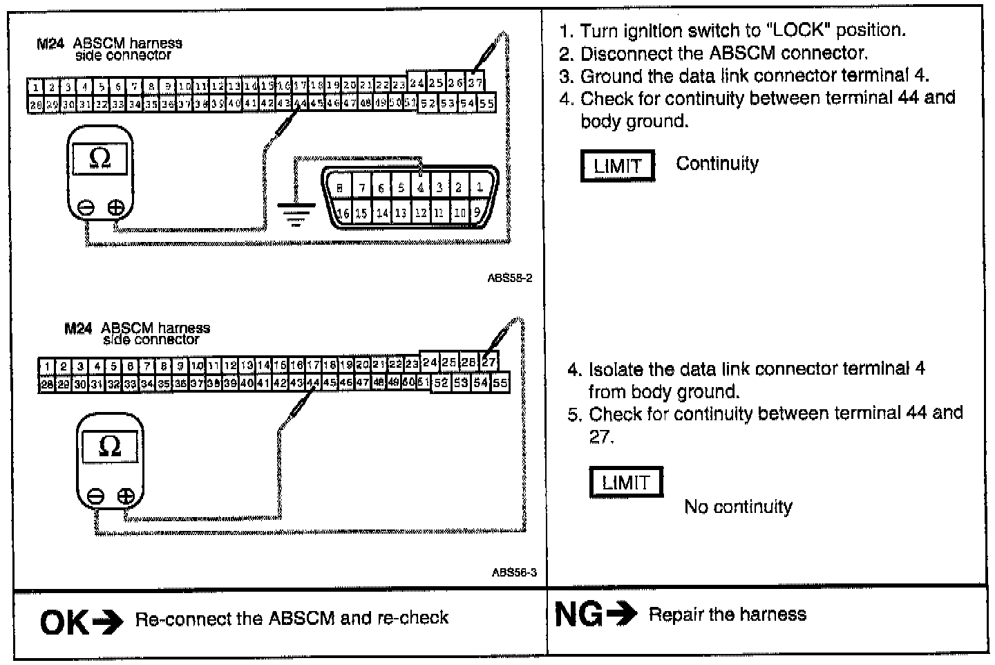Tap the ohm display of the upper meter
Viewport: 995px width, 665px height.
99,158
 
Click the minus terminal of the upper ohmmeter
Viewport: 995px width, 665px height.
86,207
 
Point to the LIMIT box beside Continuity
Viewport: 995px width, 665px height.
617,166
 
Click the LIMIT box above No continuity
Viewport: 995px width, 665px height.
626,483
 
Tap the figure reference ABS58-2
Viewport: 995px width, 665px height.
510,279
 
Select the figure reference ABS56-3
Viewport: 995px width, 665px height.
514,572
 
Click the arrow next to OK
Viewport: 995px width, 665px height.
107,622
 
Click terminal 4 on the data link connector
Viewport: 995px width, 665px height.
421,187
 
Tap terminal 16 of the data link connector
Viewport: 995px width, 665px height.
343,213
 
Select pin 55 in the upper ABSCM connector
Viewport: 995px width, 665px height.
486,104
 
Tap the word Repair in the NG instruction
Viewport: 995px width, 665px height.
672,615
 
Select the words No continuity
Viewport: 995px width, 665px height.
738,507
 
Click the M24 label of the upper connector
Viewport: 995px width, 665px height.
50,44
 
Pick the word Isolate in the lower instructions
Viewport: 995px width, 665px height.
620,369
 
